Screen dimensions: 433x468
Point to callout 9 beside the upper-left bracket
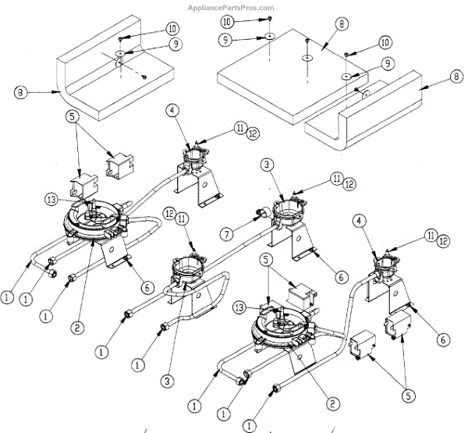click(x=176, y=44)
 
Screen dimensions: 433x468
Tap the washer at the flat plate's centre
click(x=309, y=57)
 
